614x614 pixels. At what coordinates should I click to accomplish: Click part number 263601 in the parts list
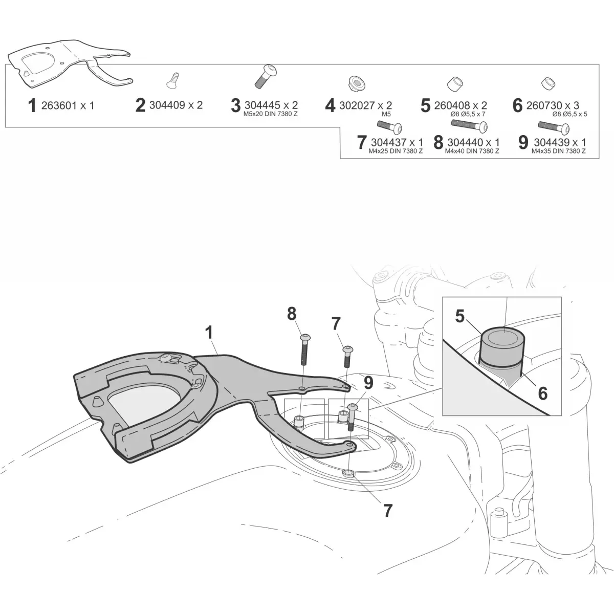point(59,105)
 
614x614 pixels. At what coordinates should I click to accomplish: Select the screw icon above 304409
point(172,81)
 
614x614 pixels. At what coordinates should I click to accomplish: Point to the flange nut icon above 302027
point(356,83)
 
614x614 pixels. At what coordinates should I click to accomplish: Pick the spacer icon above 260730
point(549,84)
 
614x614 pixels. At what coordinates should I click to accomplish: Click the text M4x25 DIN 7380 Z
point(396,151)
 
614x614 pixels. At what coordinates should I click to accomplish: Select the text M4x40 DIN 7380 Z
point(472,151)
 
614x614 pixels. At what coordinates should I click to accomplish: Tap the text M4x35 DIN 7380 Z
point(558,151)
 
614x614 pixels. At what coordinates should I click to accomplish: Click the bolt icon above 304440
point(470,125)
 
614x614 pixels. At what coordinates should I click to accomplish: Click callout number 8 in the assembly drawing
point(292,314)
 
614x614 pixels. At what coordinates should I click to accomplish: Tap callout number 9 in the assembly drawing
point(368,383)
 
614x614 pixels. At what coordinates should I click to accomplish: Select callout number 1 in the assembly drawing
point(209,333)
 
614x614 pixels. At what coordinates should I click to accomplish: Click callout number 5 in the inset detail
point(459,316)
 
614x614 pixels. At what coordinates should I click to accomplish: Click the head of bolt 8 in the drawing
point(305,337)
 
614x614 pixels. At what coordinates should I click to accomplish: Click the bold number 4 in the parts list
point(330,106)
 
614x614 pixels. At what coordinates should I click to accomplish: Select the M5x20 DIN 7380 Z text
point(271,114)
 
